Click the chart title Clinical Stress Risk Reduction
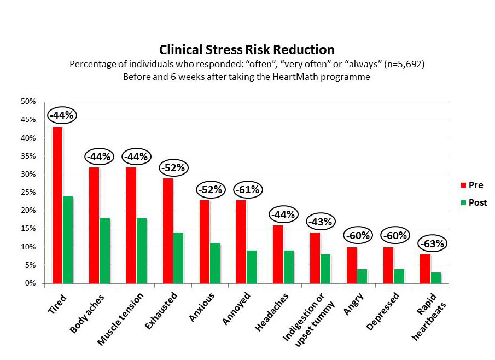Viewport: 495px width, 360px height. click(247, 50)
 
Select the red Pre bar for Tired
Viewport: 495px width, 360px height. click(57, 205)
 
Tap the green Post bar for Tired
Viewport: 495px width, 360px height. click(68, 240)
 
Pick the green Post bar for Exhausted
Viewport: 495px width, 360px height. click(178, 258)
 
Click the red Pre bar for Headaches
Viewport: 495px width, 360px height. click(278, 254)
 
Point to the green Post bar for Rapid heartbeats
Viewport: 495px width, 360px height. click(435, 278)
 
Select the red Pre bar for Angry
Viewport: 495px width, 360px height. click(352, 265)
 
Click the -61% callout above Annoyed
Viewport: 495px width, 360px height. click(248, 190)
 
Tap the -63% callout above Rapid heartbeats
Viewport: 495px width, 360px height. click(433, 244)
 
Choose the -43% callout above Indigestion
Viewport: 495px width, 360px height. click(321, 222)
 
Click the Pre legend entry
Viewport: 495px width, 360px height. click(472, 185)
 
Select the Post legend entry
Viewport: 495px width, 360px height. click(474, 202)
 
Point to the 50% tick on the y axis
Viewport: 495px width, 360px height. click(28, 102)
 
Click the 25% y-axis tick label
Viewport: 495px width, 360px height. click(28, 193)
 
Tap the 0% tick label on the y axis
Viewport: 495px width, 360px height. click(30, 283)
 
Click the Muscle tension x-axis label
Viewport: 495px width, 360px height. click(120, 319)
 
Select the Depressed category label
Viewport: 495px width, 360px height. click(383, 311)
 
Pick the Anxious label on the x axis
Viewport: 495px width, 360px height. click(202, 307)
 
